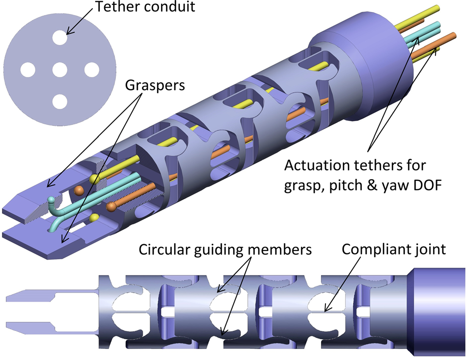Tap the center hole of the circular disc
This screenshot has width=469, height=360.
60,71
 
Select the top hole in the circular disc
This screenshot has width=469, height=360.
60,38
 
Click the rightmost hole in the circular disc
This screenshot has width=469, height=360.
91,70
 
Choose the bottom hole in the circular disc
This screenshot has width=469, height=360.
60,102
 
